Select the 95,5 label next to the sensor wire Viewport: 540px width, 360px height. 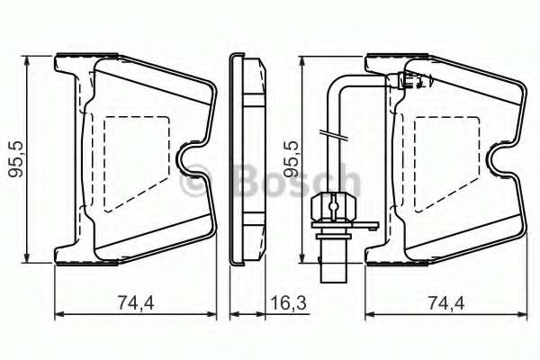290,160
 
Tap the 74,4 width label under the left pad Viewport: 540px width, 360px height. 136,304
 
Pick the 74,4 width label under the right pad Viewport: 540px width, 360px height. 446,304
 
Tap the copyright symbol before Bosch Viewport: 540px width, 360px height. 195,183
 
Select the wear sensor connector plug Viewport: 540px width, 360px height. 331,209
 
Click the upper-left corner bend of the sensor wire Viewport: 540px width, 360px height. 335,82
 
